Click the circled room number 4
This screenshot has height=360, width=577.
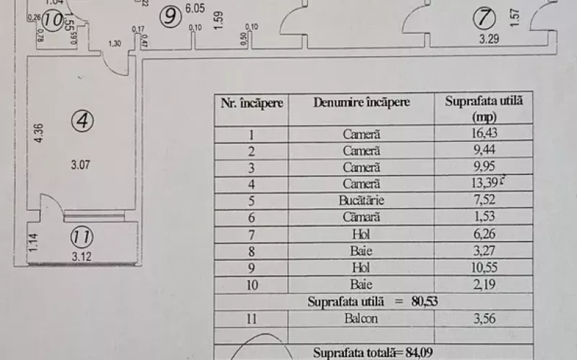(x=82, y=122)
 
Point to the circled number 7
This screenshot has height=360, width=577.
(x=485, y=16)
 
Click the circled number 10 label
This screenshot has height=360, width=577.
(x=51, y=19)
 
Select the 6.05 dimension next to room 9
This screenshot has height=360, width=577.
(x=194, y=9)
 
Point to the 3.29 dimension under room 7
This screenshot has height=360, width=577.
(x=489, y=40)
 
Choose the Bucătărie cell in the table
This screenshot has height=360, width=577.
(x=361, y=201)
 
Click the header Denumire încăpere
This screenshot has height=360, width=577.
(x=361, y=102)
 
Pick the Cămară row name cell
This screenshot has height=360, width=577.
(x=361, y=217)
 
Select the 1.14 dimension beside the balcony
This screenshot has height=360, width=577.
(x=34, y=242)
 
